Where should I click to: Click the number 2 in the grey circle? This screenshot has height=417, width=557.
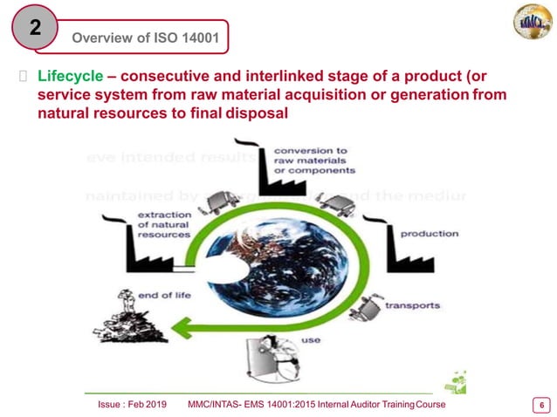pyautogui.click(x=35, y=28)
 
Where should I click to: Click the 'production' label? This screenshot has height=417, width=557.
pyautogui.click(x=430, y=234)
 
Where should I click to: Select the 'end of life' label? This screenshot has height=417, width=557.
pyautogui.click(x=164, y=295)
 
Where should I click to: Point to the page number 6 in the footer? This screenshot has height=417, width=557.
pyautogui.click(x=541, y=405)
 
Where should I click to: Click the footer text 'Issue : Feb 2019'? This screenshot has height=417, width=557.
pyautogui.click(x=130, y=406)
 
